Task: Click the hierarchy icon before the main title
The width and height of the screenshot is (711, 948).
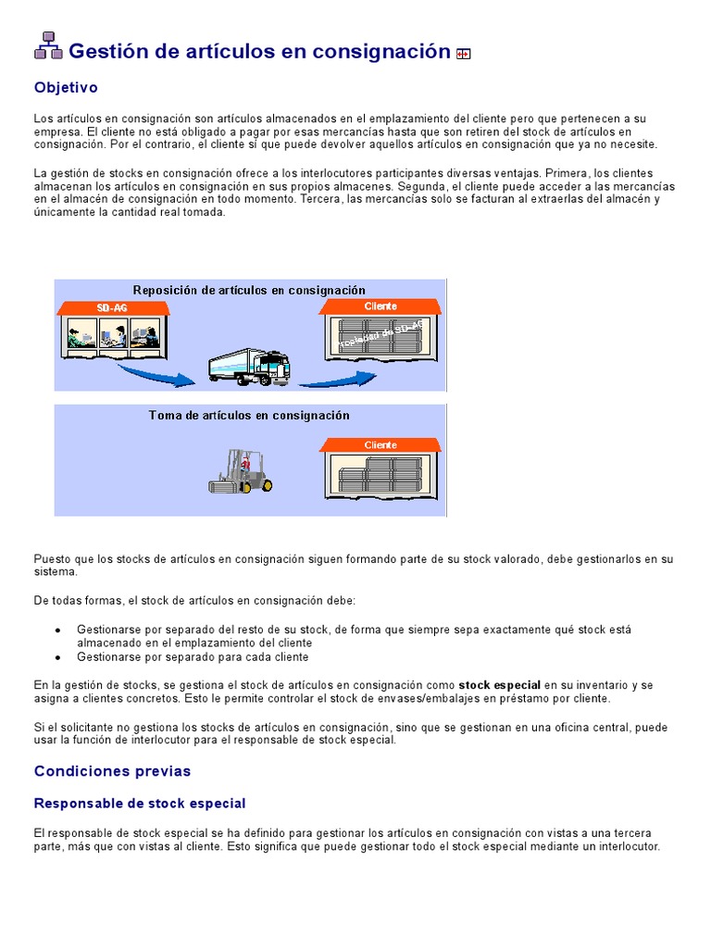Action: pyautogui.click(x=48, y=45)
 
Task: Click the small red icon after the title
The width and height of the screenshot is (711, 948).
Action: pyautogui.click(x=464, y=54)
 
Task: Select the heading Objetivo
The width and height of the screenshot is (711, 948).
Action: pyautogui.click(x=66, y=88)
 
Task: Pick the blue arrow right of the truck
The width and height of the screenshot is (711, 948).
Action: pyautogui.click(x=342, y=378)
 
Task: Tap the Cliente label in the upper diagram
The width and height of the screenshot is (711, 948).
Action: pyautogui.click(x=380, y=306)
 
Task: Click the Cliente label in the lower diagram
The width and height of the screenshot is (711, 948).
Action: pyautogui.click(x=380, y=445)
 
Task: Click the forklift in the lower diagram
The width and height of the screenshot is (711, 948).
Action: pyautogui.click(x=241, y=472)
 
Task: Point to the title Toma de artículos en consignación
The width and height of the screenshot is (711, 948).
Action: pyautogui.click(x=249, y=416)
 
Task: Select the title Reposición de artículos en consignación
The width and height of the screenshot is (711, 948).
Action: pyautogui.click(x=249, y=290)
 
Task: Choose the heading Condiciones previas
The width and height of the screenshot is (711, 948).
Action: pyautogui.click(x=112, y=771)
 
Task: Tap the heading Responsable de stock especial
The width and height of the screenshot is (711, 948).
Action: pyautogui.click(x=140, y=804)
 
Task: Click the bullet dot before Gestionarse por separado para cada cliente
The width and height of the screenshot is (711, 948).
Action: pyautogui.click(x=57, y=657)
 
